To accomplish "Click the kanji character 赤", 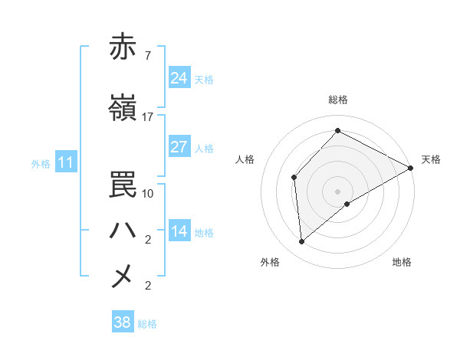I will click(x=123, y=47).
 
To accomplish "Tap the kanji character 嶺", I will click(x=123, y=109).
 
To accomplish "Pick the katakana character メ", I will click(x=123, y=276).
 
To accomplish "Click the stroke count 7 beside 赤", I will click(x=147, y=56).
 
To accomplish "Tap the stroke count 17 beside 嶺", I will click(x=147, y=117).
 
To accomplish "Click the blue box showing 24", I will click(x=179, y=78).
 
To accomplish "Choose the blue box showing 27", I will click(x=179, y=147).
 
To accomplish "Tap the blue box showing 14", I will click(x=179, y=231).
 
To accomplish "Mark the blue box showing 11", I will click(x=66, y=162).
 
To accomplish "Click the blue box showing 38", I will click(x=123, y=322).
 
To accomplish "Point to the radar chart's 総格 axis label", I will click(x=338, y=100).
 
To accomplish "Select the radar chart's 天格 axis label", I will click(x=431, y=159).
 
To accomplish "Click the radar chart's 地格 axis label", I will click(x=402, y=263).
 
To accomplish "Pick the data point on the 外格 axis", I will click(x=302, y=242).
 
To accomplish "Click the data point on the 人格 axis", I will click(x=294, y=178).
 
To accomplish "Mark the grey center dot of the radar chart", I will click(x=338, y=191).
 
